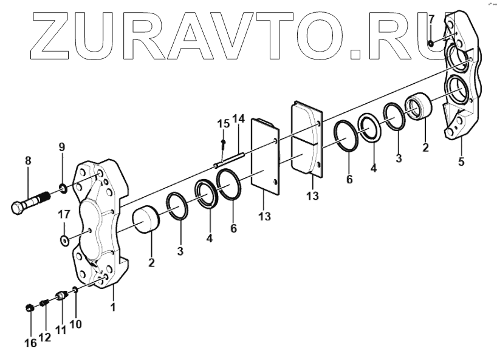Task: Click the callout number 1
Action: (113, 308)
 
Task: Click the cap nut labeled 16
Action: (30, 307)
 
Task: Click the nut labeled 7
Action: (430, 42)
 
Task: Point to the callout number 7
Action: (431, 19)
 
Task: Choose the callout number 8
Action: (27, 161)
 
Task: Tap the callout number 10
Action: (75, 324)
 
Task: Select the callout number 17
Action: (64, 215)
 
